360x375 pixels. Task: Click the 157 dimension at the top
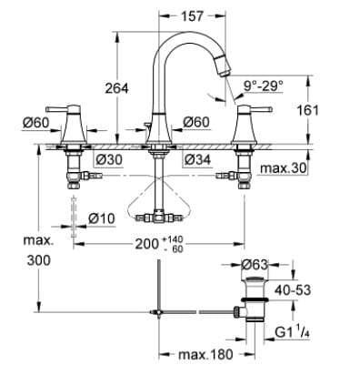tap(191, 16)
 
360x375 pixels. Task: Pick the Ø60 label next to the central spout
tap(196, 122)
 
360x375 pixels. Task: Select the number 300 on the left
tap(38, 260)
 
